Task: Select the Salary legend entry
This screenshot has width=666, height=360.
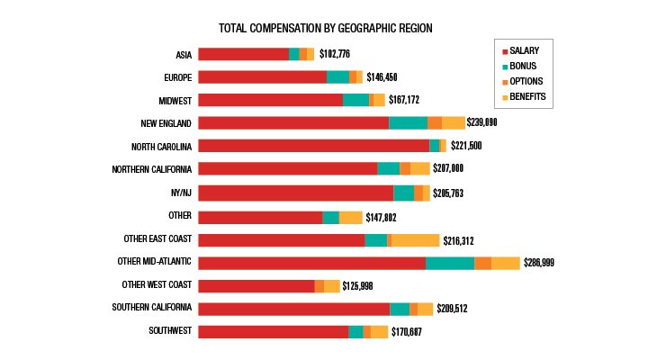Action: (x=526, y=51)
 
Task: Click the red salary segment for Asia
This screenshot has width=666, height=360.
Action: (x=243, y=54)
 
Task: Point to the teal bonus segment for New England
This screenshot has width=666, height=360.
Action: (x=408, y=122)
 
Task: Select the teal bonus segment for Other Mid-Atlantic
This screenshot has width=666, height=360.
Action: (x=450, y=262)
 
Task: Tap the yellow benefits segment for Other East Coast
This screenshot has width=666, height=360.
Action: (x=416, y=239)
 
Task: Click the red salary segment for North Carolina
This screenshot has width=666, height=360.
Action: (x=313, y=146)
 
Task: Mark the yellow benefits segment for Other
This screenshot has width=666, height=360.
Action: (x=350, y=217)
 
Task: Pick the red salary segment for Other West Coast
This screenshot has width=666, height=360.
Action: (x=256, y=285)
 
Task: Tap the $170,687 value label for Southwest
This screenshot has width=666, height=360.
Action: (x=406, y=332)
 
